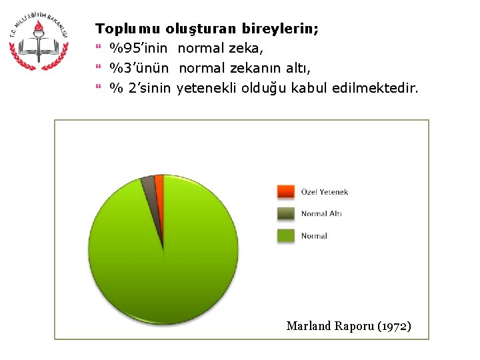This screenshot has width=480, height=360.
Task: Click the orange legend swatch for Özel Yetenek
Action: [x=285, y=192]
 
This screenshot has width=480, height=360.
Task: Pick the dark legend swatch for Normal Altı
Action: [x=285, y=213]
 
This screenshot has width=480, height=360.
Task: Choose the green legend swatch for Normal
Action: [x=285, y=235]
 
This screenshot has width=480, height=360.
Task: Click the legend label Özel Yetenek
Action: [x=324, y=192]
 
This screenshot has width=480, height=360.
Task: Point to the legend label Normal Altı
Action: [x=321, y=214]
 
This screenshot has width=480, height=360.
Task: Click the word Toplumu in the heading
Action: [x=128, y=29]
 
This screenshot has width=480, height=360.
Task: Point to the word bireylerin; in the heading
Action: [x=280, y=29]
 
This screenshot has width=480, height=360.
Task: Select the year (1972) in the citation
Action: [x=394, y=326]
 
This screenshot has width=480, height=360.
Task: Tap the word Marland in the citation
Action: [x=307, y=326]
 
